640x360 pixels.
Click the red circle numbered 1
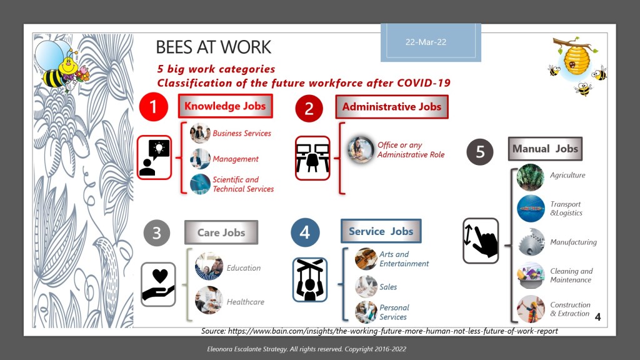pyautogui.click(x=154, y=107)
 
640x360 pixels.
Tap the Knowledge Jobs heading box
pyautogui.click(x=225, y=106)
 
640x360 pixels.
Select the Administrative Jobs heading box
pyautogui.click(x=392, y=107)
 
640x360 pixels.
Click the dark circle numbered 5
pyautogui.click(x=480, y=152)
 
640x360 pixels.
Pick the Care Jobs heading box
pyautogui.click(x=221, y=232)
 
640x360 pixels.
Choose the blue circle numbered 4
pyautogui.click(x=305, y=232)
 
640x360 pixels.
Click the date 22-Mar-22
pyautogui.click(x=426, y=42)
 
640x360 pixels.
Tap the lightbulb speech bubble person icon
pyautogui.click(x=154, y=157)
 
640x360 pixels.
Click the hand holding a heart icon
pyautogui.click(x=158, y=284)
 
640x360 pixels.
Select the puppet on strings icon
pyautogui.click(x=310, y=279)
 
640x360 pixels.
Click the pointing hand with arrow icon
pyautogui.click(x=481, y=241)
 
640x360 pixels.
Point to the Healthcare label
pyautogui.click(x=245, y=302)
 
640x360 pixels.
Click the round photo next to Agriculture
pyautogui.click(x=531, y=177)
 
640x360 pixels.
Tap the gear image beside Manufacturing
pyautogui.click(x=531, y=242)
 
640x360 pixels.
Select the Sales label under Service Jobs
pyautogui.click(x=388, y=287)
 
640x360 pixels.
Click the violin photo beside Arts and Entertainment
pyautogui.click(x=366, y=259)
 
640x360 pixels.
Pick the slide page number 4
pyautogui.click(x=597, y=317)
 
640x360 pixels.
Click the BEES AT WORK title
pyautogui.click(x=214, y=47)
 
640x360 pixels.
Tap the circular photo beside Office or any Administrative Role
pyautogui.click(x=361, y=149)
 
